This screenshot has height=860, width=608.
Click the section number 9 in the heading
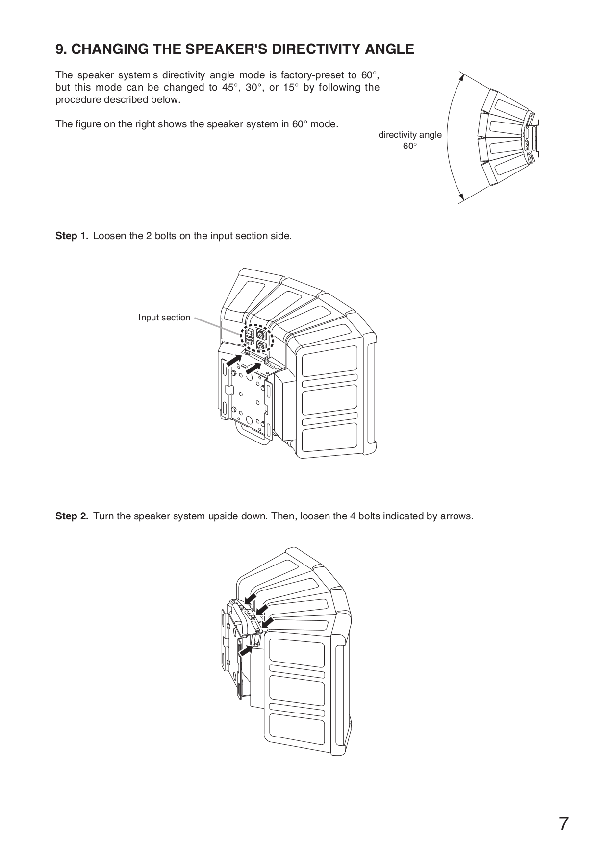tap(60, 49)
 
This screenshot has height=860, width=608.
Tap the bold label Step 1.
tap(72, 236)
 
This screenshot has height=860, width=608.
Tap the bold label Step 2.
tap(72, 516)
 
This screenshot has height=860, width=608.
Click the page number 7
tap(564, 824)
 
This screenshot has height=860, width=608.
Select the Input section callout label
tap(164, 318)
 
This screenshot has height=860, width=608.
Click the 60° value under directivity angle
tap(410, 146)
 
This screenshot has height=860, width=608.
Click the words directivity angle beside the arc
tap(410, 135)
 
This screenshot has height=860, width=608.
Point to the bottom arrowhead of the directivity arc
tap(460, 198)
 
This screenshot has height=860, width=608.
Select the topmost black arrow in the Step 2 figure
tap(251, 599)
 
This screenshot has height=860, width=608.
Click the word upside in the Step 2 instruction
tap(227, 516)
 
